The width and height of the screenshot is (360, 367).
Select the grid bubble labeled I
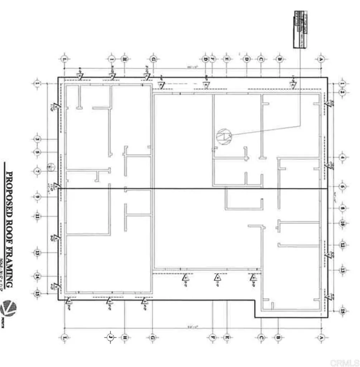click(x=112, y=59)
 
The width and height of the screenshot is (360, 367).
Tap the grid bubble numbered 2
click(x=342, y=92)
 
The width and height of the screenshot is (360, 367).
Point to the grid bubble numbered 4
click(x=342, y=157)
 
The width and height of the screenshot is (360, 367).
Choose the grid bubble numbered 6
click(x=342, y=187)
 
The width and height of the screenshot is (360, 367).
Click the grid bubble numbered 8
click(x=342, y=208)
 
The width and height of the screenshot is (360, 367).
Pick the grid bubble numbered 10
click(x=342, y=223)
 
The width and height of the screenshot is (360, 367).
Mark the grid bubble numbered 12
click(x=342, y=245)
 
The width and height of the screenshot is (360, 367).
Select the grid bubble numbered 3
click(x=37, y=139)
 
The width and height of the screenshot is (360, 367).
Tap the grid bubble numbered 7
click(x=37, y=171)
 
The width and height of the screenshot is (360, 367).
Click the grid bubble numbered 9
click(x=37, y=197)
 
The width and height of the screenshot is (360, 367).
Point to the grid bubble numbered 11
click(x=37, y=216)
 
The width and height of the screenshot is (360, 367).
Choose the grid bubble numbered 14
click(x=37, y=276)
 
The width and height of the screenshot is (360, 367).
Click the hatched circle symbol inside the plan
click(x=224, y=137)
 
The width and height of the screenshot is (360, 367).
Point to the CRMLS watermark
click(x=344, y=362)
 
